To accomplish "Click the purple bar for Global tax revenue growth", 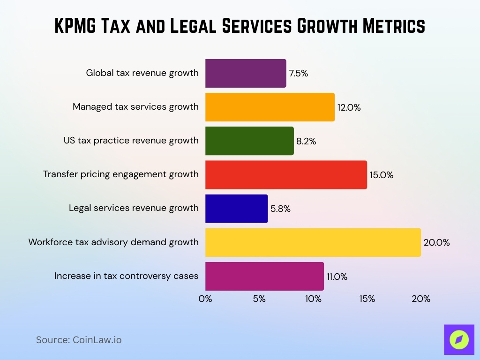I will click(246, 73).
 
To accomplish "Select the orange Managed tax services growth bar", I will click(270, 107).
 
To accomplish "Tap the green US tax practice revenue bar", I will click(249, 141).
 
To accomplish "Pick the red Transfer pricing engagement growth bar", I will click(286, 174).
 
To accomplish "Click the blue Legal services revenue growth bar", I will click(236, 209).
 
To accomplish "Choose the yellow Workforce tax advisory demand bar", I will click(313, 242).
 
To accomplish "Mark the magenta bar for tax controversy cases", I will click(264, 276).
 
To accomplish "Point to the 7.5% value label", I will click(298, 74).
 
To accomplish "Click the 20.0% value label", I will click(436, 243).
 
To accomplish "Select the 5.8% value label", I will click(280, 209).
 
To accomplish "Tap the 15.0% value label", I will click(381, 175).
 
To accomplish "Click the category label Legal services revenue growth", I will click(134, 208).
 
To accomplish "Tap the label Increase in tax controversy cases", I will click(126, 276).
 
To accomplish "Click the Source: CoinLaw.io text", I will click(79, 340).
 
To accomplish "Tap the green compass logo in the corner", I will click(459, 339).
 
